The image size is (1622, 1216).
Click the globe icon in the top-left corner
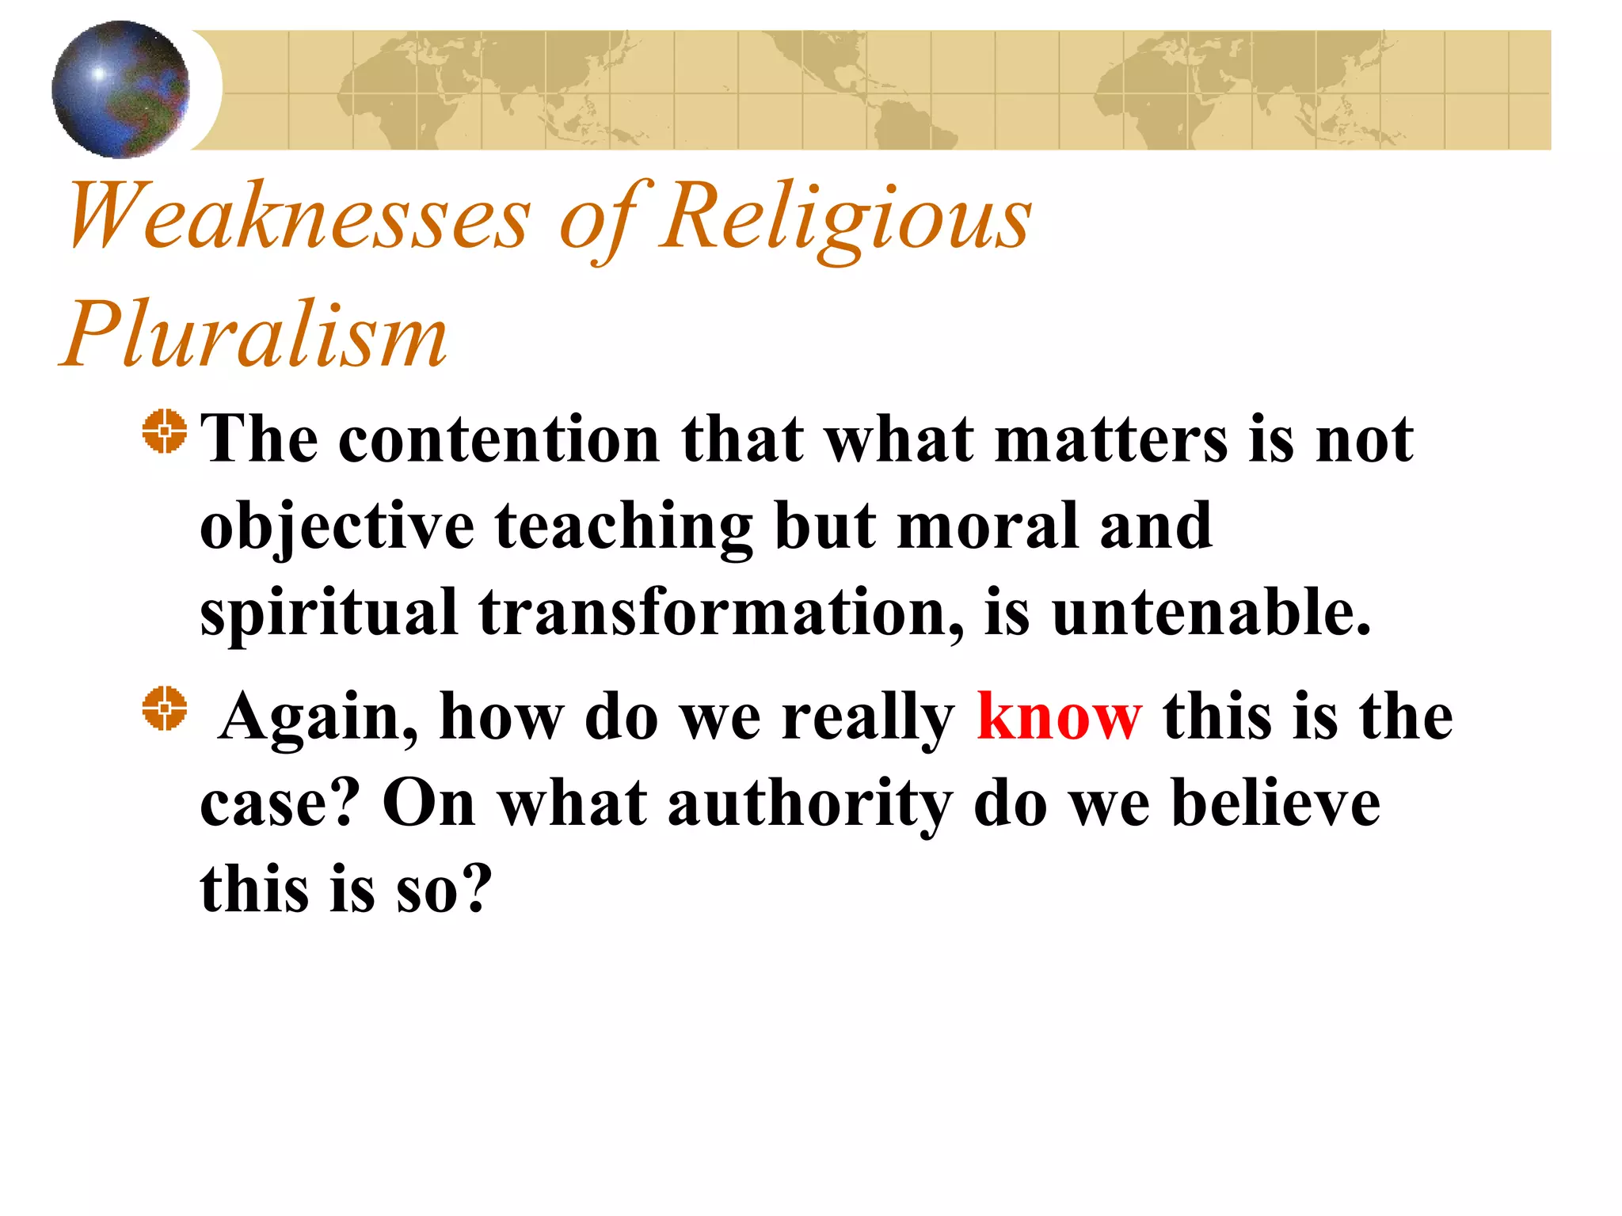click(120, 89)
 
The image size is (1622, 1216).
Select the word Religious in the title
click(846, 216)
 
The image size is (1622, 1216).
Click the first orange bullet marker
click(165, 431)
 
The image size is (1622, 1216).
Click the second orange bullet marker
click(165, 708)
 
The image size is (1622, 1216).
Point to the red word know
click(1059, 716)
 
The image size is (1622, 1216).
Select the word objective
click(337, 526)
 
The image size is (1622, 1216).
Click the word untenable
click(1211, 612)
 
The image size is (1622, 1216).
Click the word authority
click(809, 804)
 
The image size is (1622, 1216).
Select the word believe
click(1276, 804)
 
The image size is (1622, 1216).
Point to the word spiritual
click(329, 612)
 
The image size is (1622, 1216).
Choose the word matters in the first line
click(1111, 439)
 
